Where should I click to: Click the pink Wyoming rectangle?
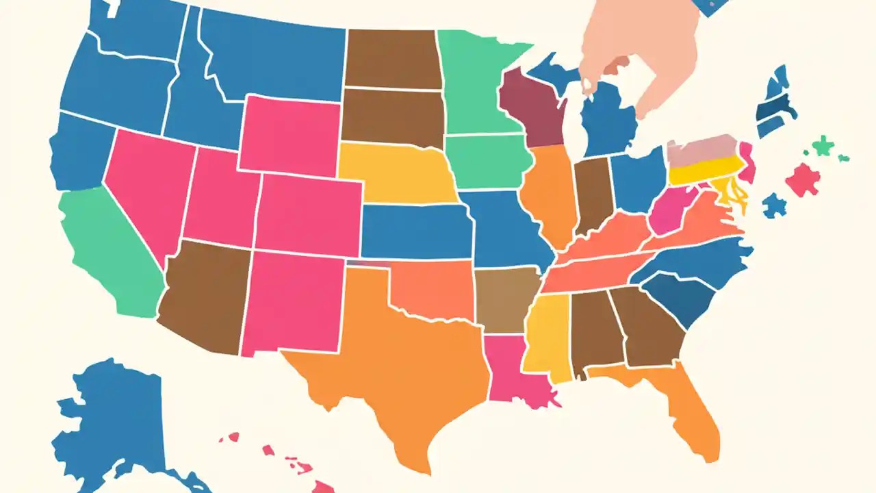tap(291, 134)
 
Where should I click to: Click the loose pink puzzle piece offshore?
tap(803, 179)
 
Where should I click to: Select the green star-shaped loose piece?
tap(821, 146)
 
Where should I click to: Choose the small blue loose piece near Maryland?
tap(774, 204)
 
